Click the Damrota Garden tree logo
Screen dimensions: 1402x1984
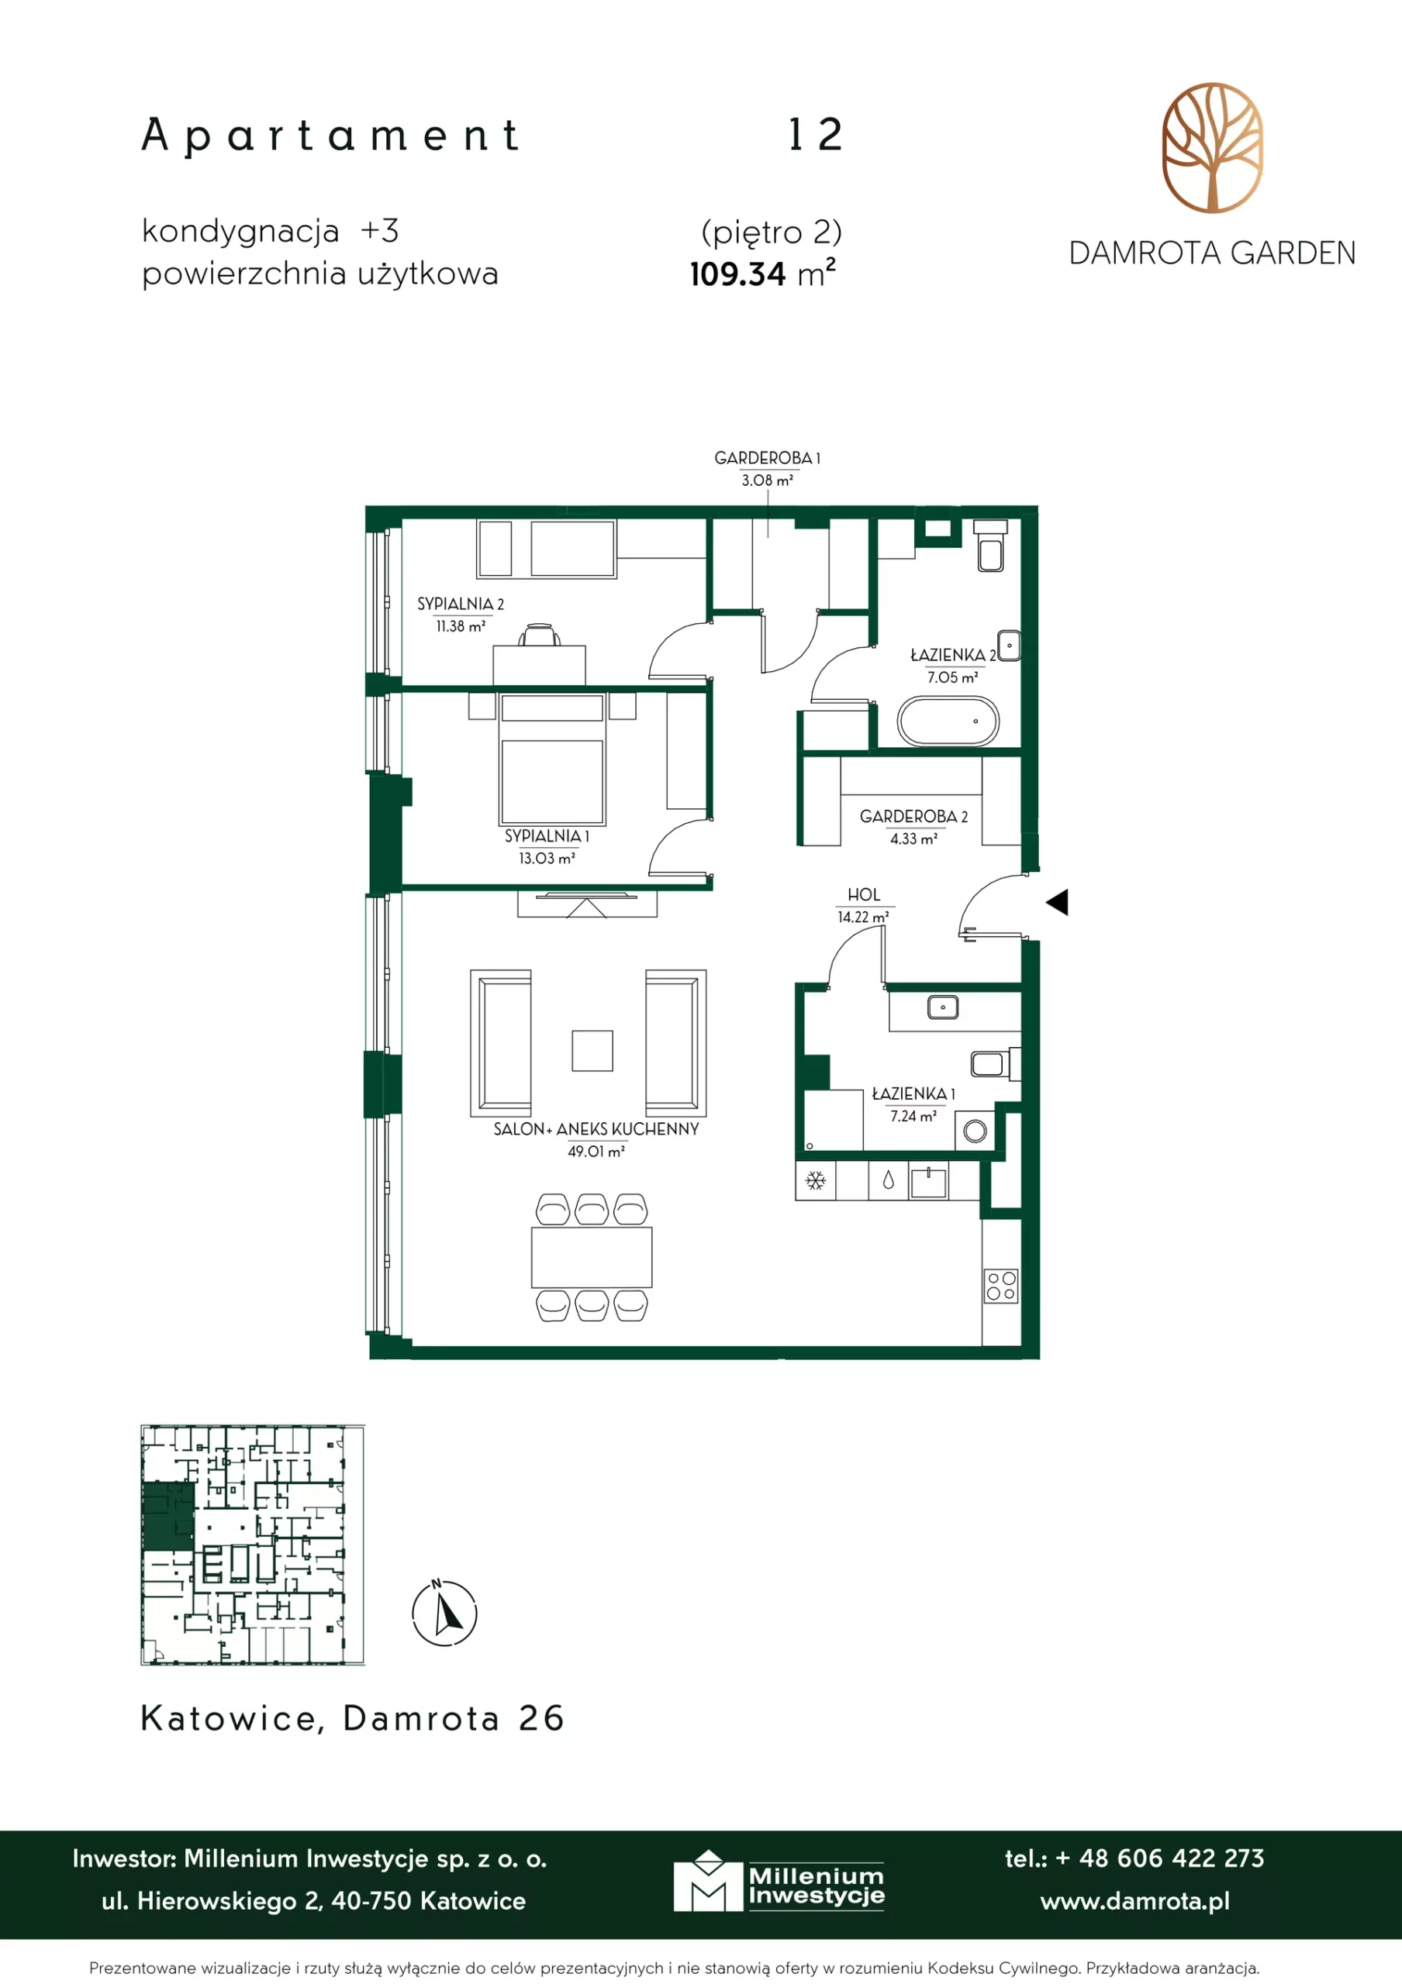coord(1212,148)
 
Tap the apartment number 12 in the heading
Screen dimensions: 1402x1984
coord(815,135)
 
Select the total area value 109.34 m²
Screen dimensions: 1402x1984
coord(762,273)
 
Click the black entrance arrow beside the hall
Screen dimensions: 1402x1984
coord(1057,902)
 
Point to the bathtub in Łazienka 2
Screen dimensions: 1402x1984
coord(948,721)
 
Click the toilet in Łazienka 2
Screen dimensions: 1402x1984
coord(990,546)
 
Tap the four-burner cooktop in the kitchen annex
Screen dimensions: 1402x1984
coord(1001,1286)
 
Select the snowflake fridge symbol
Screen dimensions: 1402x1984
coord(815,1180)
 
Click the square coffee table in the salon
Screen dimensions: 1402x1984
coord(592,1051)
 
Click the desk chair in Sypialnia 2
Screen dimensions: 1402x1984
coord(540,635)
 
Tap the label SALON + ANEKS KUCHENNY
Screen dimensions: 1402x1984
coord(596,1129)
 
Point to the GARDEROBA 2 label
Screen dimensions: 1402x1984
coord(913,817)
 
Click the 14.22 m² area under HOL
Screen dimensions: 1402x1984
coord(862,917)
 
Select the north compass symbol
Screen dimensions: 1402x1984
coord(444,1613)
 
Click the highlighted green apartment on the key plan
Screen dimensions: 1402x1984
coord(167,1517)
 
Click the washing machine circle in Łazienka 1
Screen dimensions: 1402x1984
coord(975,1131)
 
